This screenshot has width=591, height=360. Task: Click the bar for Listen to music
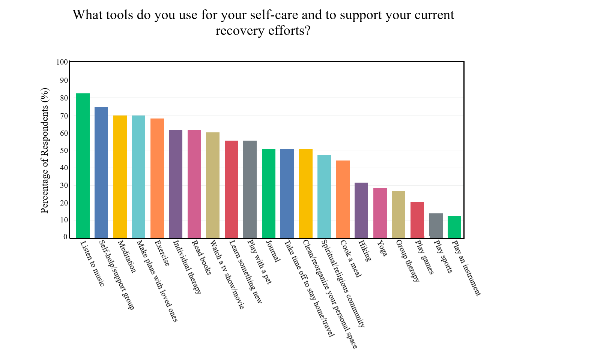(x=83, y=166)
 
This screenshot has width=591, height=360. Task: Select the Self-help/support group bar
(x=101, y=172)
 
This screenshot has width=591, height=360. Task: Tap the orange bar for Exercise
(x=157, y=178)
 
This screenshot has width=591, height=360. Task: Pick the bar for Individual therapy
(x=176, y=184)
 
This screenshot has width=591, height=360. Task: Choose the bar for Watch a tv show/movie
(x=213, y=185)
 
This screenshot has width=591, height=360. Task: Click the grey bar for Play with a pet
(x=250, y=189)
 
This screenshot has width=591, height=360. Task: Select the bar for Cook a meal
(x=343, y=199)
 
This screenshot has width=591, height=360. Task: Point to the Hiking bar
(x=361, y=210)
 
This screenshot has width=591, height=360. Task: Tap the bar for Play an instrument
(x=454, y=227)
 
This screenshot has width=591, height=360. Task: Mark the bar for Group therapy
(x=399, y=214)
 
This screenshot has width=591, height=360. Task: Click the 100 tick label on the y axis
(x=62, y=62)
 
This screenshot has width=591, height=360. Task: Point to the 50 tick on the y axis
(x=64, y=150)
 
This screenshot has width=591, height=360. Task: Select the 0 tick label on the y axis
(x=66, y=237)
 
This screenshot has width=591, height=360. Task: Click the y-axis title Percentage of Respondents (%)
(x=45, y=150)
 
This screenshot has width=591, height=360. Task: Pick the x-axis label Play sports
(x=443, y=256)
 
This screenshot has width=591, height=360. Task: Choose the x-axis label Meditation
(x=127, y=256)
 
